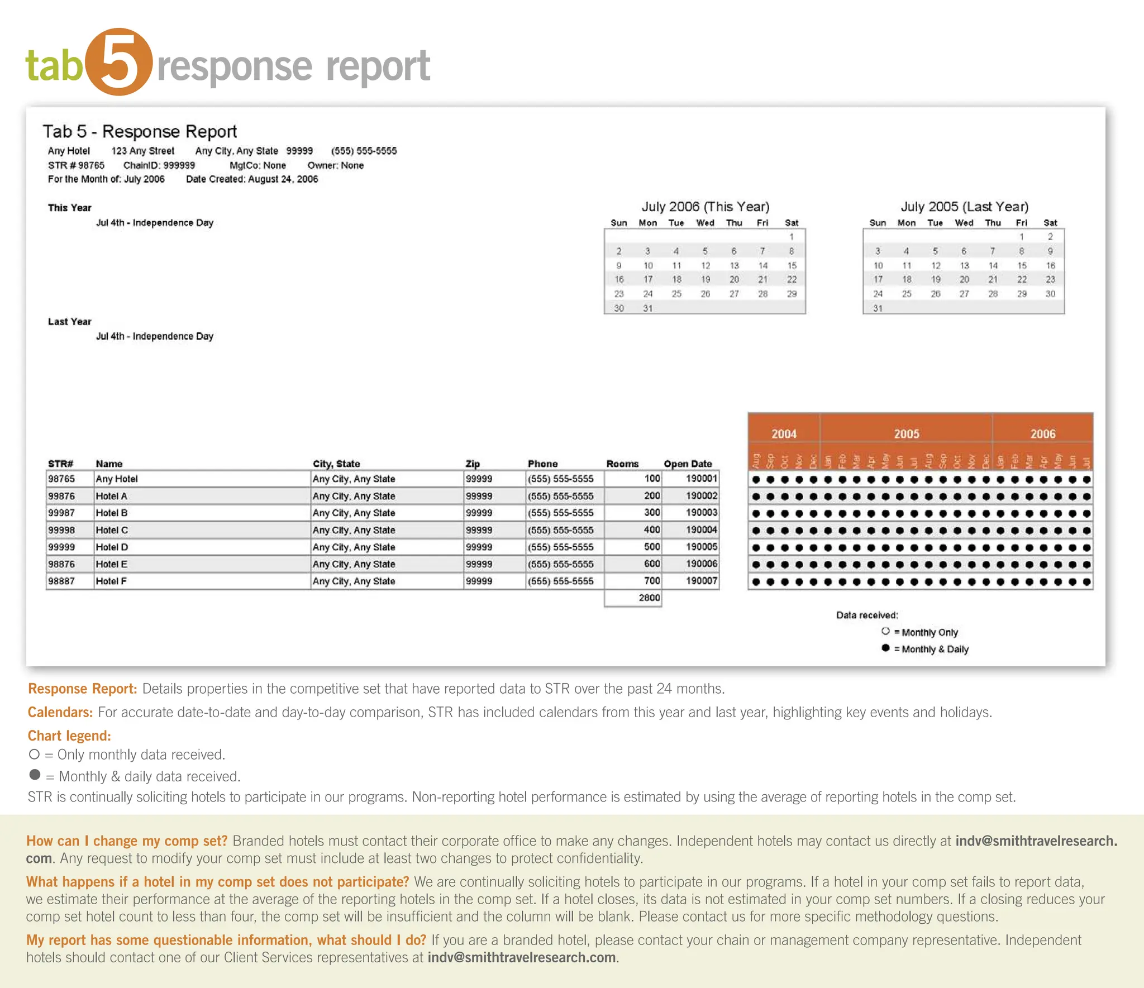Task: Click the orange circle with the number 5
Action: pos(118,62)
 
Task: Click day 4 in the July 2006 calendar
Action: pos(676,251)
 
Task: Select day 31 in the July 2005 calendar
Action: pos(878,308)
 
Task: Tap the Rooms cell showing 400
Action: pos(651,529)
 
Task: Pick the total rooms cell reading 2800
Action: pos(649,598)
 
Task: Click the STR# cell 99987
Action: pos(61,513)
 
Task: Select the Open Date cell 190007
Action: pos(701,581)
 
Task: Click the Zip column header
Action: pos(473,464)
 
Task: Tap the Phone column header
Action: pos(542,464)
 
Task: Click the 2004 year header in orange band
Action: pos(784,434)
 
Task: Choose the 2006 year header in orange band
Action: pos(1042,434)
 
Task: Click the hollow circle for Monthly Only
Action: pos(885,631)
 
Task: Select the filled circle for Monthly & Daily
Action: pos(885,648)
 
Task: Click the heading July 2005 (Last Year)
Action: pos(964,207)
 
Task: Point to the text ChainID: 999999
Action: pos(159,165)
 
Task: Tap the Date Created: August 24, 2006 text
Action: pos(252,179)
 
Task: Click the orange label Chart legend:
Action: pos(69,736)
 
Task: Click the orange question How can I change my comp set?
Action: pos(127,841)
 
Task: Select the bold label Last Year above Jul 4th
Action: pos(69,322)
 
